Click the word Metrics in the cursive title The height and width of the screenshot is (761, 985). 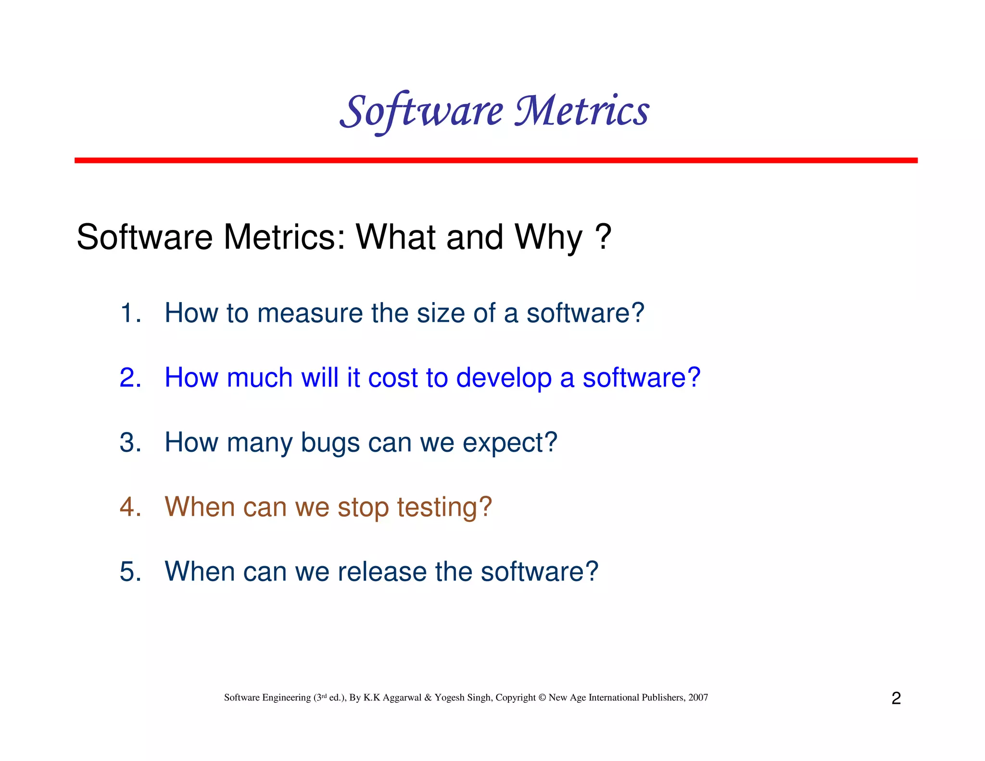pos(581,111)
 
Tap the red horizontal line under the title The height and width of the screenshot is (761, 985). pos(495,160)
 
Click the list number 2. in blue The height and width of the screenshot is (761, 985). pos(130,378)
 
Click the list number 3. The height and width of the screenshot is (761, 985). pos(130,443)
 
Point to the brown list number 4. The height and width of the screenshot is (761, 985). pos(130,507)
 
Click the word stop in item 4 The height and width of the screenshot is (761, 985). pos(363,508)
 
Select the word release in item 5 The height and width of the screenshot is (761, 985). pos(382,571)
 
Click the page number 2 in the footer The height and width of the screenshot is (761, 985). pos(896,698)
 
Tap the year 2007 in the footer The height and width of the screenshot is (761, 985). pos(698,698)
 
